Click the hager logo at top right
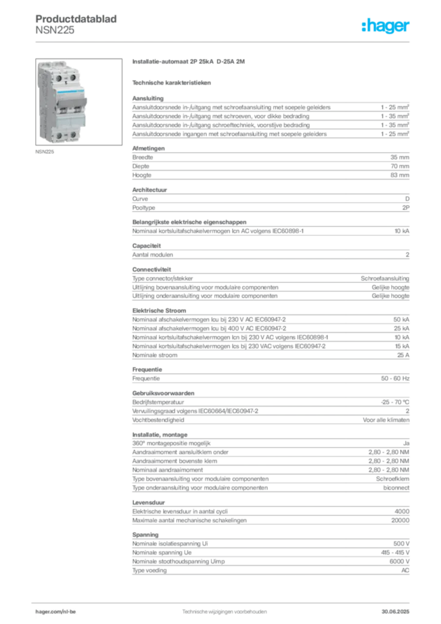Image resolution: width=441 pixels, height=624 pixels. (x=385, y=26)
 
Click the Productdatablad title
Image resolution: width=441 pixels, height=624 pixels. (x=76, y=19)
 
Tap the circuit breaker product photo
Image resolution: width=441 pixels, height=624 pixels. (x=79, y=102)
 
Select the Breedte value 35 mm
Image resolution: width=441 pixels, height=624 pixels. (x=400, y=157)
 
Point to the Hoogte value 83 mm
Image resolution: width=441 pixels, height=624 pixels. (x=400, y=175)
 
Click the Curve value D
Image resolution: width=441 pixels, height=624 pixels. (x=407, y=199)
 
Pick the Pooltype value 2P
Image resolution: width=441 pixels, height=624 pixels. (x=406, y=208)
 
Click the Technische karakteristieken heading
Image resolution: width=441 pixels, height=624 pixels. (x=171, y=83)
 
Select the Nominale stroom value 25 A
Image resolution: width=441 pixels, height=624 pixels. (x=403, y=355)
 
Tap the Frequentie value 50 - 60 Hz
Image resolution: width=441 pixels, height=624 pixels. (x=395, y=378)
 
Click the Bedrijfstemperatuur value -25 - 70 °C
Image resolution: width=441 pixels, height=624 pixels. (x=395, y=402)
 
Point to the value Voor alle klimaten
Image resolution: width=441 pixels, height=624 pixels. (x=386, y=420)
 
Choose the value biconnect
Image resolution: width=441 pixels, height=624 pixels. (x=396, y=487)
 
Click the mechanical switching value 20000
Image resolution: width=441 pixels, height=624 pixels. (x=400, y=520)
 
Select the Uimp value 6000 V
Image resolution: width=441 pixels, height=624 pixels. (x=399, y=561)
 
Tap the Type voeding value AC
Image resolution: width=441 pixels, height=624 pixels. (x=405, y=570)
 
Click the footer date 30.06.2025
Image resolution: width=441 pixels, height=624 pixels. (x=395, y=612)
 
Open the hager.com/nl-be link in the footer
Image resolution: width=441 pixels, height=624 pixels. (x=55, y=612)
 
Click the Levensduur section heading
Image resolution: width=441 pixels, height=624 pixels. (x=149, y=503)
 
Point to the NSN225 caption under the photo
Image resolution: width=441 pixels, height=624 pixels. (x=44, y=152)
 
